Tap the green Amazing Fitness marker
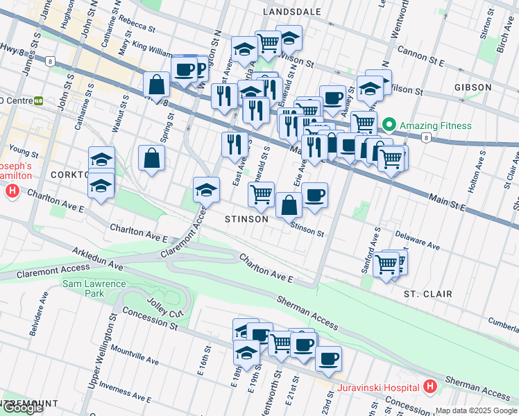pos(389,125)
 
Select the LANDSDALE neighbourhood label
pos(292,12)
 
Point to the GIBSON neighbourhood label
pos(473,87)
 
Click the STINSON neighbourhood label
pos(246,219)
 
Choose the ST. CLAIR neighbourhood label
pos(428,294)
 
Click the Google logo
pos(22,407)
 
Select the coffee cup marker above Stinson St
pos(314,195)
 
